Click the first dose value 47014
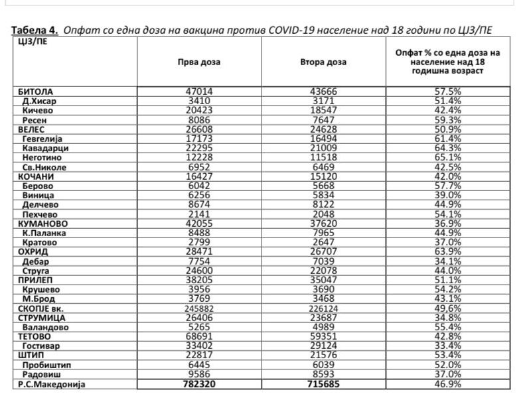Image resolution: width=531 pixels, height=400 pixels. (x=199, y=92)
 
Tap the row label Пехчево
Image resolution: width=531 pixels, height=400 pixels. (x=40, y=215)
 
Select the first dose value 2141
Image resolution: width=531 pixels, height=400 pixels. (x=199, y=215)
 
